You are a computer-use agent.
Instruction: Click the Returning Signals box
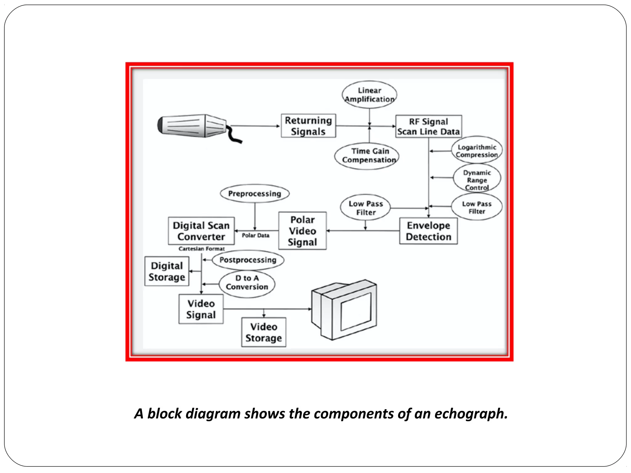click(x=308, y=126)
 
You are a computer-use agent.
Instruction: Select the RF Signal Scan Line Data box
click(x=428, y=126)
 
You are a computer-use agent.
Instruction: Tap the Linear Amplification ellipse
click(x=369, y=95)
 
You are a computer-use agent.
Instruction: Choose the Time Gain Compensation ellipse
click(x=367, y=156)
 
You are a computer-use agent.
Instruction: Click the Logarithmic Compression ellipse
click(x=477, y=151)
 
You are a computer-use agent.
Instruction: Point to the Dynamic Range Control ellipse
click(x=477, y=180)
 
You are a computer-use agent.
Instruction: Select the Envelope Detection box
click(x=428, y=231)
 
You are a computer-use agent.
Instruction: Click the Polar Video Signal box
click(x=302, y=231)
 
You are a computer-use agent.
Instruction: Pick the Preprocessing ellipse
click(x=255, y=194)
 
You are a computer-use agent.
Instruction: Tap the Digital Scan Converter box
click(x=201, y=231)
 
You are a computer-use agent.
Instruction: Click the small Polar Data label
click(x=255, y=236)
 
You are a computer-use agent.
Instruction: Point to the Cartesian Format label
click(x=202, y=249)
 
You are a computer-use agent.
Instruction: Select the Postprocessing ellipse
click(x=248, y=260)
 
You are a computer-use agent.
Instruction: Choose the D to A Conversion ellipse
click(x=247, y=283)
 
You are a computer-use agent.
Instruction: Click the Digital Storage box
click(x=167, y=271)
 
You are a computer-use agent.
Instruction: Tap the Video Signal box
click(x=201, y=309)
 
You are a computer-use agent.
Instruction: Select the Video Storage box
click(x=264, y=332)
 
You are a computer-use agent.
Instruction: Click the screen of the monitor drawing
click(x=356, y=311)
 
